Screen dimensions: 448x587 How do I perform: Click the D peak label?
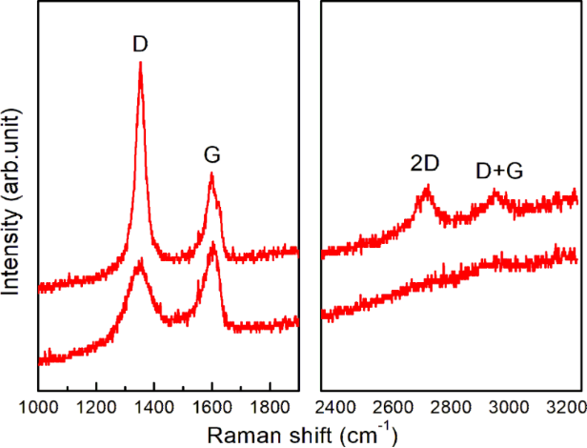pyautogui.click(x=141, y=44)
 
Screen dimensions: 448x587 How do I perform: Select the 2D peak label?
pyautogui.click(x=425, y=164)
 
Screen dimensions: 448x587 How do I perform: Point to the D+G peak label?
pyautogui.click(x=499, y=172)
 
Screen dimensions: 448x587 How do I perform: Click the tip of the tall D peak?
pyautogui.click(x=141, y=64)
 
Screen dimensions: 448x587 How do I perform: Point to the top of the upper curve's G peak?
pyautogui.click(x=212, y=173)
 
